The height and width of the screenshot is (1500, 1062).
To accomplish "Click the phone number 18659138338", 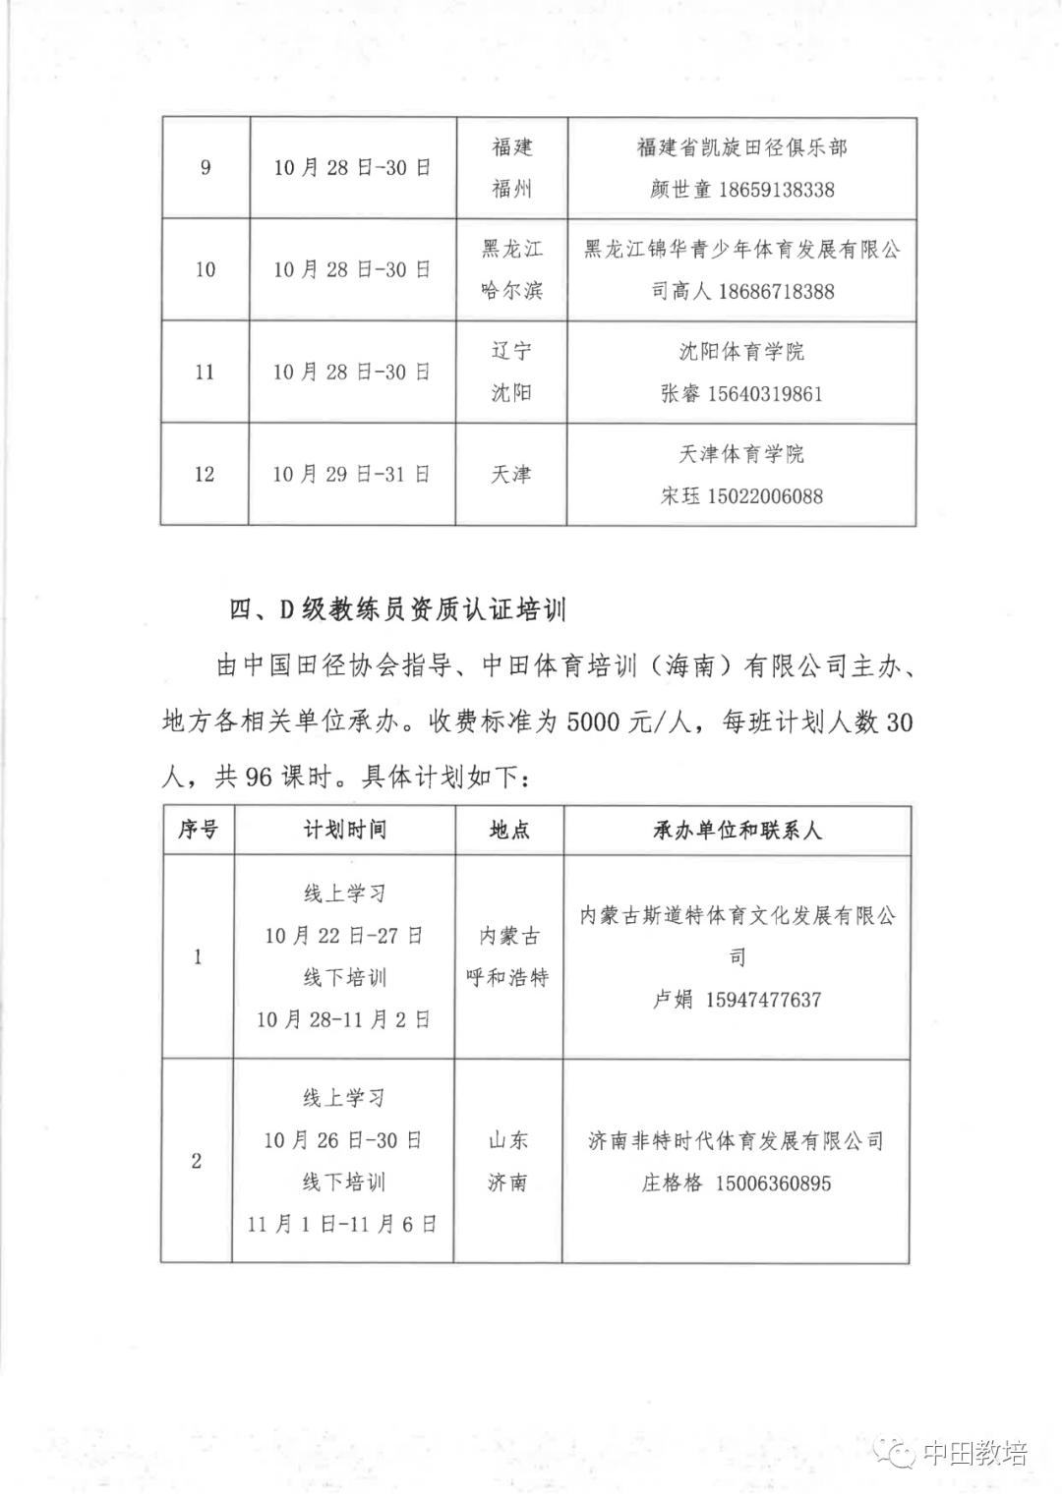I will [x=776, y=190].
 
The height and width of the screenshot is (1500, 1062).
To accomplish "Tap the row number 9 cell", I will [x=206, y=168].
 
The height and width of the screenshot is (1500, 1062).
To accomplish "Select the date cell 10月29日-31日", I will [x=351, y=475].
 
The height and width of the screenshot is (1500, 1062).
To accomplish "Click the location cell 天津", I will [x=510, y=475].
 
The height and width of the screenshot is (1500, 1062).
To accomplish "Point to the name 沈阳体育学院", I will [x=741, y=352].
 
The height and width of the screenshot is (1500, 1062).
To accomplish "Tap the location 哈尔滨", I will [x=511, y=291].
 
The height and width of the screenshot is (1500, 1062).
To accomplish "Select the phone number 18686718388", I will [x=776, y=292].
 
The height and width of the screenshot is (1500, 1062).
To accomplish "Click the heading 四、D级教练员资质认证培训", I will [x=398, y=609].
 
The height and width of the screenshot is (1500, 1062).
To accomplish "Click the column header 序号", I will [x=198, y=830].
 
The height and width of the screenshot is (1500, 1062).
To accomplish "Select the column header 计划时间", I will [x=344, y=830].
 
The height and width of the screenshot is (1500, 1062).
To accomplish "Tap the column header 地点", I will [x=509, y=830].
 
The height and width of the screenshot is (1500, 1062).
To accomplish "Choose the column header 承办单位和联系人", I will [x=737, y=831].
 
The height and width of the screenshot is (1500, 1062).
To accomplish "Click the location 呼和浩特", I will [x=507, y=978].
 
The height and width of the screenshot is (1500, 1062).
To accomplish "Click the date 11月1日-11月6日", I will [x=342, y=1224].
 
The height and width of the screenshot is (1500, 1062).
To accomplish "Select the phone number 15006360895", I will [x=773, y=1183].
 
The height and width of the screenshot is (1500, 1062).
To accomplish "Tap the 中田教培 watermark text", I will [x=974, y=1454].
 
